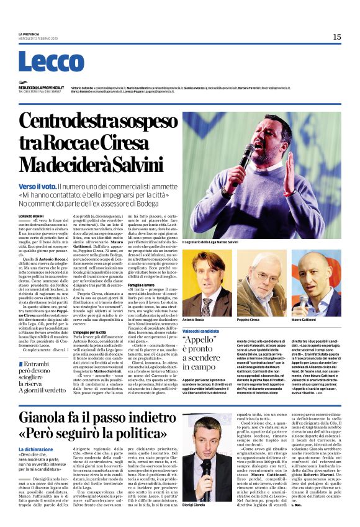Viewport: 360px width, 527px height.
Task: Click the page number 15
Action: coord(336,37)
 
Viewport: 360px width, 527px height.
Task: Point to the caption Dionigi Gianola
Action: coord(196,505)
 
